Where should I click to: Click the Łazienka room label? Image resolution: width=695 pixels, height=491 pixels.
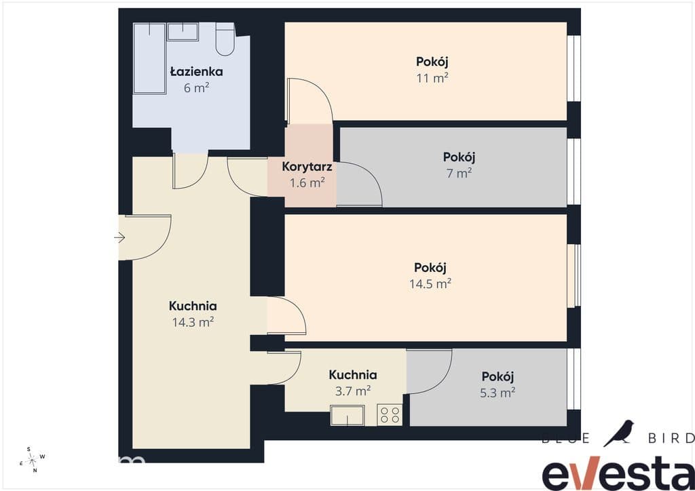(196, 72)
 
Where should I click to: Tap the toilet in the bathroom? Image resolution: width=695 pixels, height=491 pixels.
(225, 39)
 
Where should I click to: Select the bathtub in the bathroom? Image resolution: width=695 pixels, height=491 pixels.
(150, 58)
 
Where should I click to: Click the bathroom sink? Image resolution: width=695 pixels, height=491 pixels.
(183, 32)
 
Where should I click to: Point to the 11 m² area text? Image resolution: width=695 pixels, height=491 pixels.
(432, 79)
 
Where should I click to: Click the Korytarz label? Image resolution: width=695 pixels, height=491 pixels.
(307, 167)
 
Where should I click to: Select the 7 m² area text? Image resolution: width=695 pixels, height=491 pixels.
(459, 173)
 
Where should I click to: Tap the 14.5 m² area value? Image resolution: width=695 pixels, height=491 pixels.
(430, 283)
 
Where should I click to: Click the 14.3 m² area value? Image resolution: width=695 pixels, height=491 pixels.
(193, 322)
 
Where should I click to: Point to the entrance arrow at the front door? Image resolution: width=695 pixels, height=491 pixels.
(119, 238)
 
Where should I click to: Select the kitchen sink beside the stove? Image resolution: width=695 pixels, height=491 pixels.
(347, 415)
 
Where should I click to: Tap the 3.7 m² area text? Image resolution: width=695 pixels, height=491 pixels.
(353, 391)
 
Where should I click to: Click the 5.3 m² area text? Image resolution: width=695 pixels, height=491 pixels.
(497, 393)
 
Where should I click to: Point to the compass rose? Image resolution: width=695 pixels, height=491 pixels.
(32, 460)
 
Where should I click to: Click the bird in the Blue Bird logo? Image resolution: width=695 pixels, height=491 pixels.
(619, 433)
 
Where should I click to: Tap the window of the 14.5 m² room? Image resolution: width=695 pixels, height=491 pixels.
(574, 275)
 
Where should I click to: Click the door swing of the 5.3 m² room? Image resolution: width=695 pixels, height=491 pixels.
(429, 371)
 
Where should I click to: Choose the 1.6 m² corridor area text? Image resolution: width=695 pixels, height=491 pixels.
(307, 182)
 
